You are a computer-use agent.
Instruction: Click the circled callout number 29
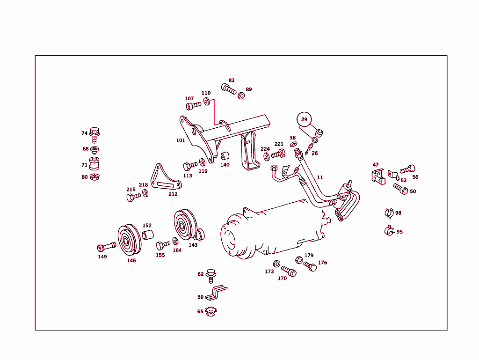pyautogui.click(x=304, y=119)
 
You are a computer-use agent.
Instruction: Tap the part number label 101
pyautogui.click(x=181, y=140)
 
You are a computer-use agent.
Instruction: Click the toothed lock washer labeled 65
pyautogui.click(x=211, y=311)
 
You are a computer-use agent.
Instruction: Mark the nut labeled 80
pyautogui.click(x=94, y=177)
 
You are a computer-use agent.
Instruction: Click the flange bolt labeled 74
pyautogui.click(x=94, y=134)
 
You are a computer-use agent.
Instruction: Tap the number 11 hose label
pyautogui.click(x=320, y=177)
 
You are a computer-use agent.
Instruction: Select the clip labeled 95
pyautogui.click(x=388, y=231)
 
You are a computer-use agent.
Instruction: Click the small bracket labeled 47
pyautogui.click(x=377, y=176)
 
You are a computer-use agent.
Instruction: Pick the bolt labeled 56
pyautogui.click(x=407, y=169)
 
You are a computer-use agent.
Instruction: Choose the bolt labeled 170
pyautogui.click(x=289, y=271)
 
